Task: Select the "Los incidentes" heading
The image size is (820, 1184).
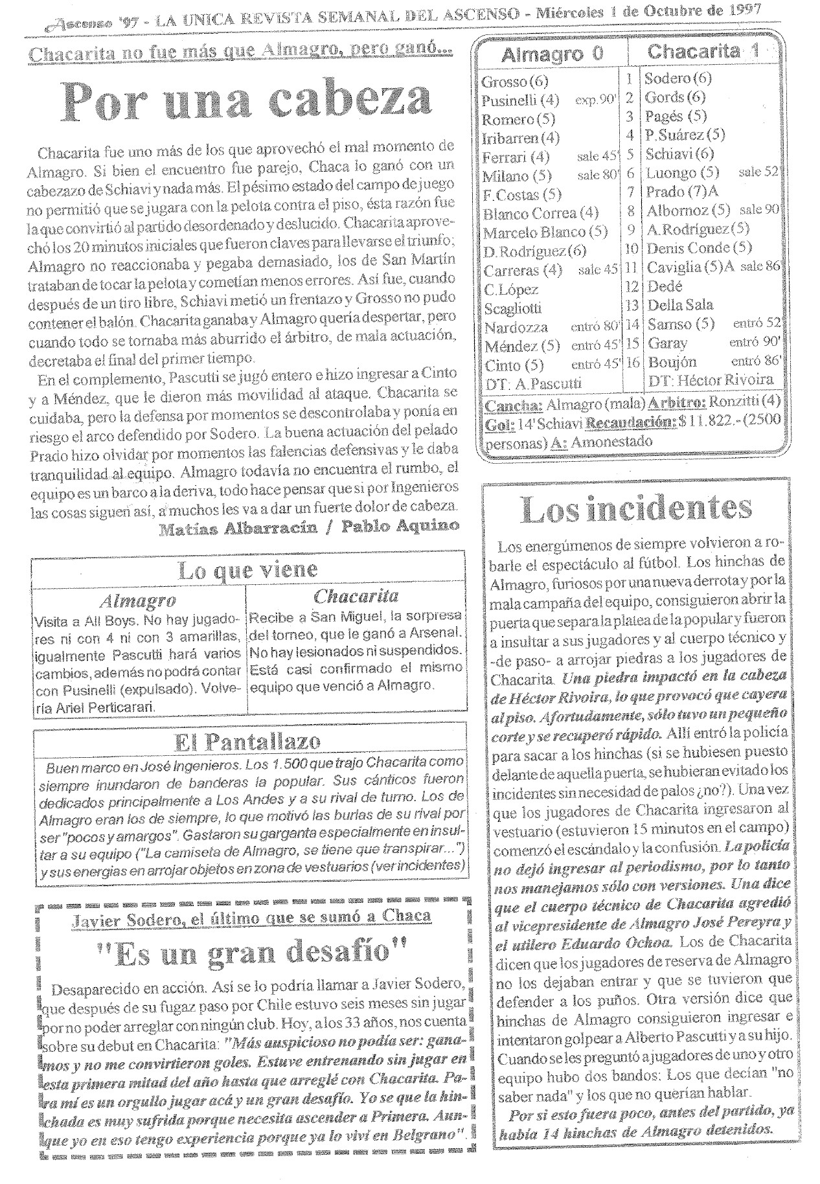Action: [637, 510]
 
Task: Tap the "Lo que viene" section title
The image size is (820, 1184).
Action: [247, 570]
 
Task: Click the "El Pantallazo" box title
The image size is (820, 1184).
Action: [248, 740]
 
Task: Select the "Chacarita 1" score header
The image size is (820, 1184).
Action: [703, 52]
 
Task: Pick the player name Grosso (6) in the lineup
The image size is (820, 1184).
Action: [514, 82]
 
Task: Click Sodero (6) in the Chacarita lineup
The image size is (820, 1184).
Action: [678, 79]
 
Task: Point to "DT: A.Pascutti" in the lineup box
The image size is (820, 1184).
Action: [533, 383]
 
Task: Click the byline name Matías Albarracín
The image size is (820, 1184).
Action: [238, 528]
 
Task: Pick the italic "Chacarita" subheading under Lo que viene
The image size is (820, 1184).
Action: [356, 596]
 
